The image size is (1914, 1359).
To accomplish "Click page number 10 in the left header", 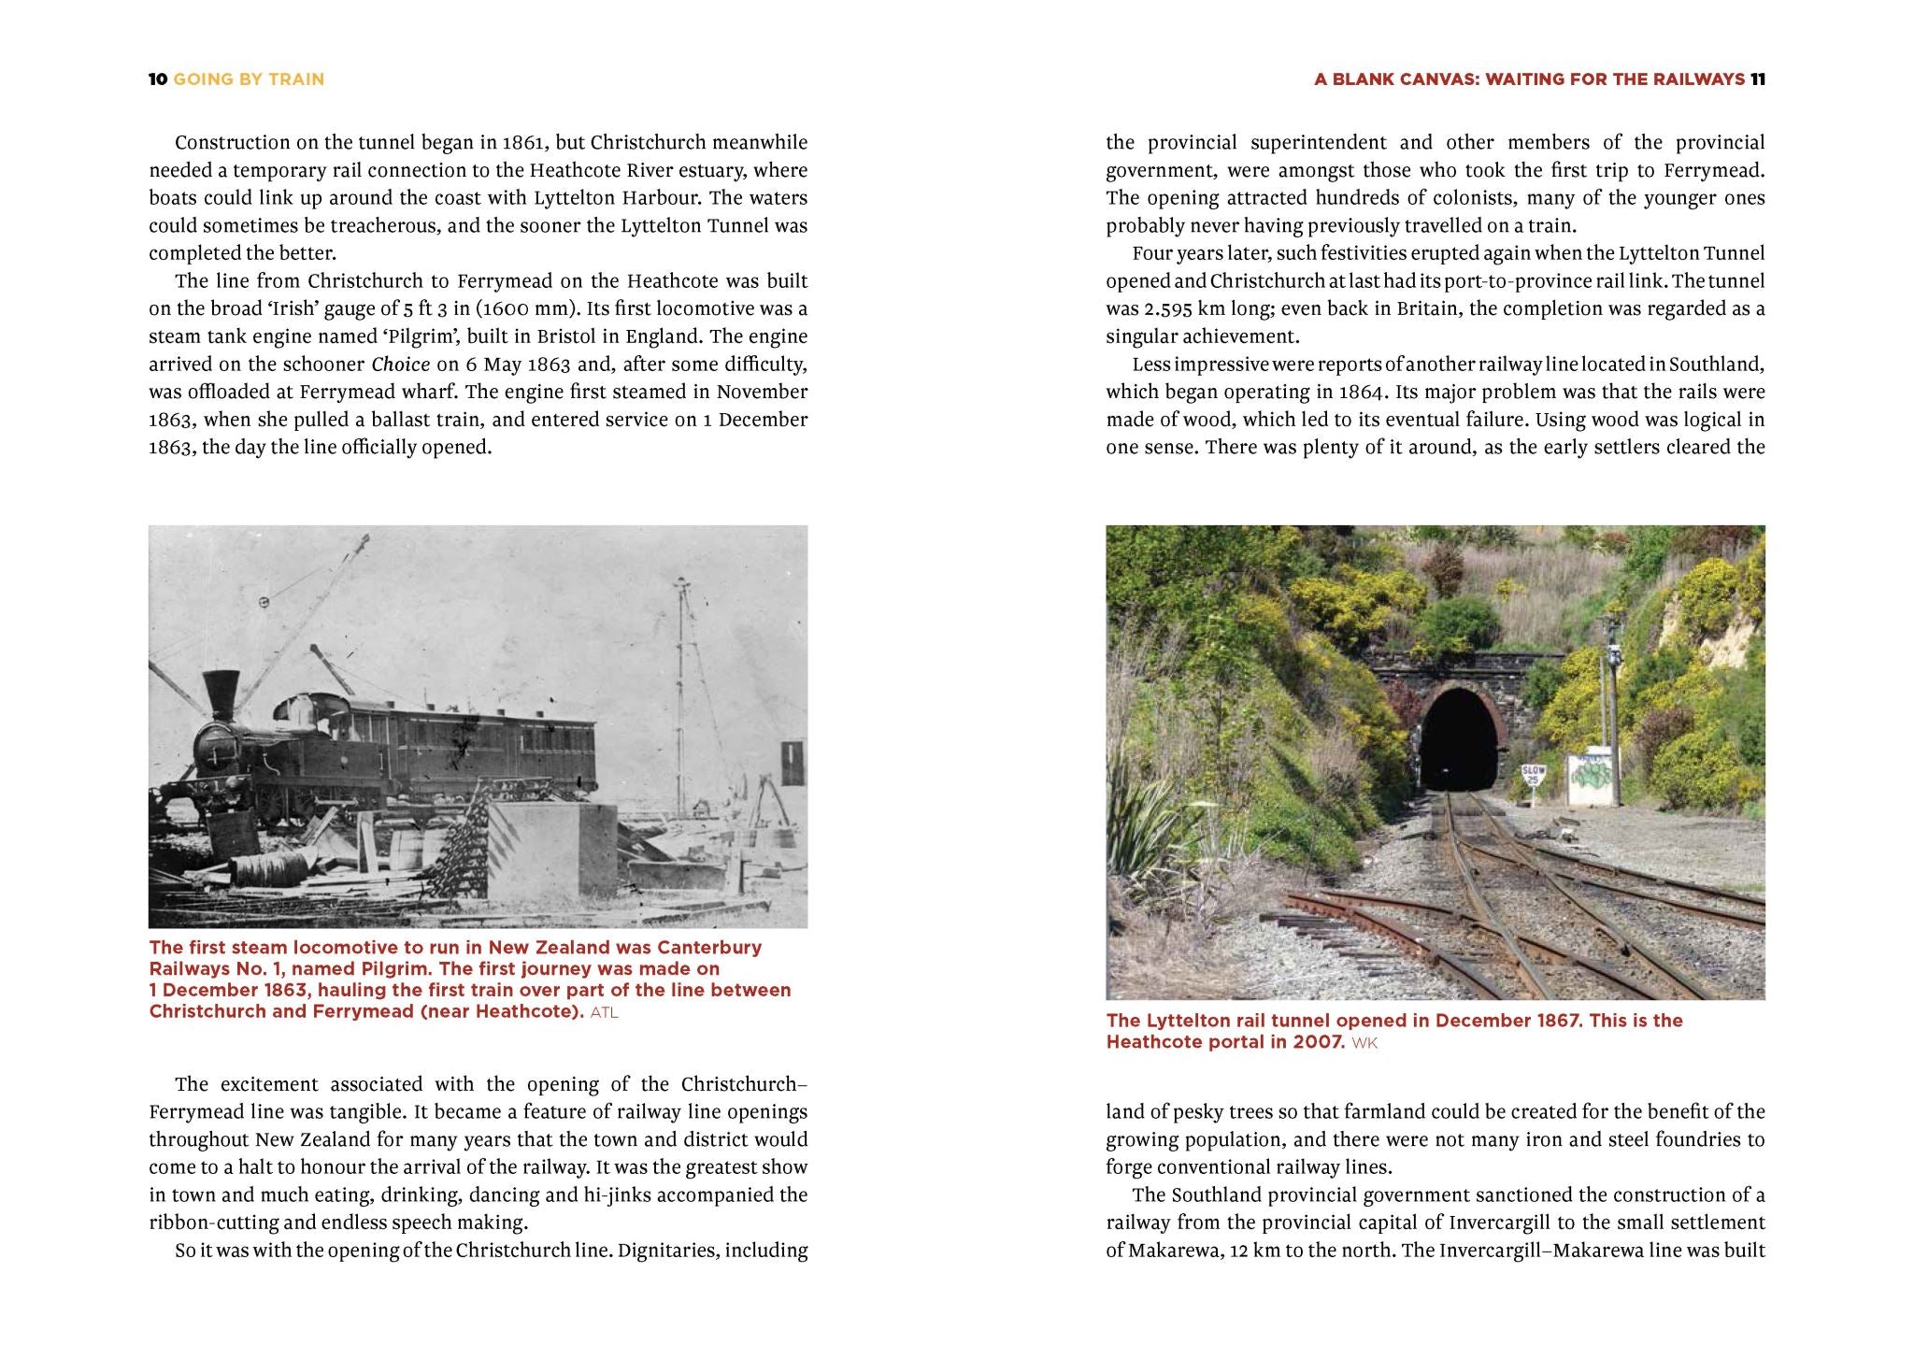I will [x=157, y=79].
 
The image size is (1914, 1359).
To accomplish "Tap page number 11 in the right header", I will [x=1757, y=79].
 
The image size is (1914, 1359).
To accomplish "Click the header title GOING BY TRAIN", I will [x=249, y=79].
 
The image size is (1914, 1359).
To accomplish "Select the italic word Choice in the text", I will [x=401, y=365].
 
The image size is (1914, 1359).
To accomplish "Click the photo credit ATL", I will [x=604, y=1012].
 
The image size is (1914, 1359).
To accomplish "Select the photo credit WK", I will [x=1364, y=1043].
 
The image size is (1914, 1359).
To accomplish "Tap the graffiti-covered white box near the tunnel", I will [x=1590, y=777].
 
